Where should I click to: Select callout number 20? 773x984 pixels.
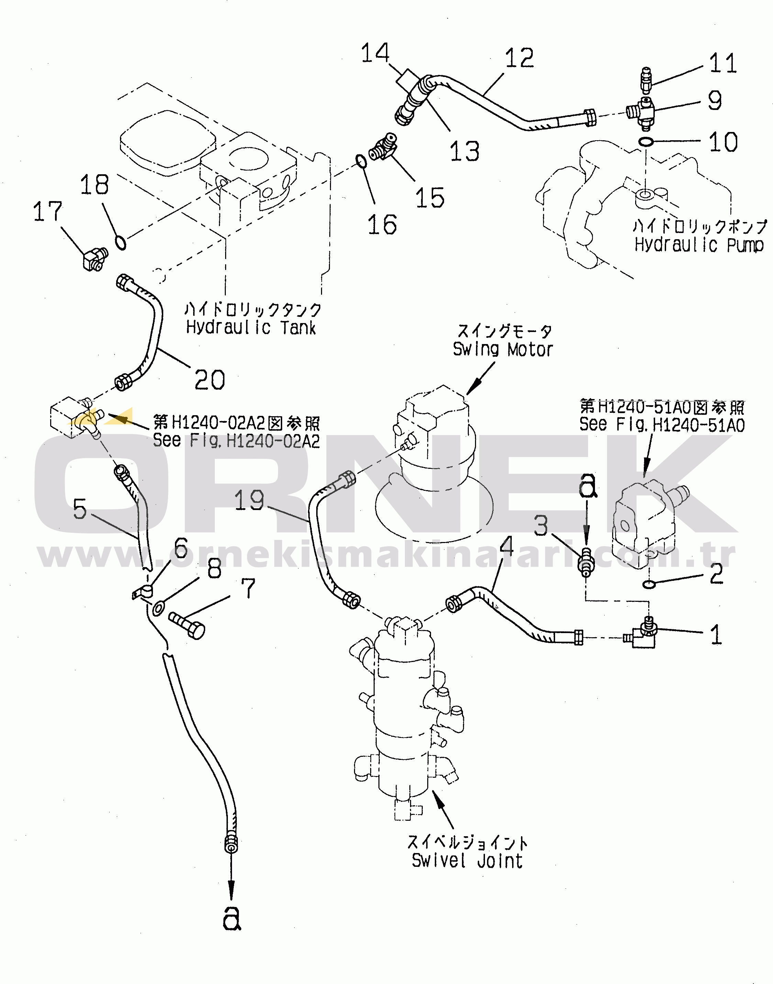[210, 380]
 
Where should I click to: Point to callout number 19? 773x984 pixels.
[249, 501]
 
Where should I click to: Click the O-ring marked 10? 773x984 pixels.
[646, 142]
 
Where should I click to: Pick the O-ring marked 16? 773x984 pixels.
[361, 161]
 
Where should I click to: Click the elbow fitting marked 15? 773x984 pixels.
[383, 147]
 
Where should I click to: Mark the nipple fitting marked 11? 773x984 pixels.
[646, 78]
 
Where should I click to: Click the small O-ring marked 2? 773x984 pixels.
[649, 585]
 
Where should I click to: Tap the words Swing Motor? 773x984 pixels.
[503, 350]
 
